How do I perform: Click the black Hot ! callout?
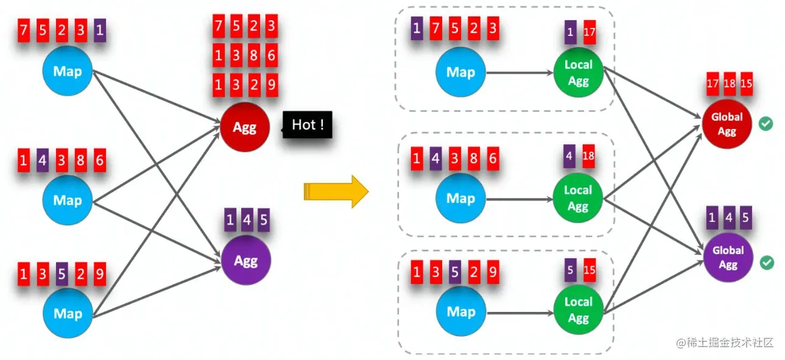pyautogui.click(x=307, y=125)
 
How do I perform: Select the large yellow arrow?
pyautogui.click(x=336, y=192)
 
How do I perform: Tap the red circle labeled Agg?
pyautogui.click(x=245, y=127)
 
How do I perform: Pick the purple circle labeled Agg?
pyautogui.click(x=246, y=261)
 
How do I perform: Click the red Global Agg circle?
pyautogui.click(x=727, y=124)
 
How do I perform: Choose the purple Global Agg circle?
pyautogui.click(x=728, y=257)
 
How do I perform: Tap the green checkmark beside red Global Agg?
pyautogui.click(x=766, y=124)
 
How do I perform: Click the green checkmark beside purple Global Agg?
pyautogui.click(x=767, y=263)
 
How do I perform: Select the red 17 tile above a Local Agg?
pyautogui.click(x=590, y=32)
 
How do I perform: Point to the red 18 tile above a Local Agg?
pyautogui.click(x=588, y=156)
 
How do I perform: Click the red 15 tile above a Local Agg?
pyautogui.click(x=590, y=270)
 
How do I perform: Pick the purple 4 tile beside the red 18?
pyautogui.click(x=569, y=156)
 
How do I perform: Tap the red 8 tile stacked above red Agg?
pyautogui.click(x=254, y=55)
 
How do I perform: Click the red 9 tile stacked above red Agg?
pyautogui.click(x=272, y=85)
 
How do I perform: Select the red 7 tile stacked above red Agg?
pyautogui.click(x=219, y=26)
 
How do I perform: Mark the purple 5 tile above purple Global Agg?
pyautogui.click(x=746, y=217)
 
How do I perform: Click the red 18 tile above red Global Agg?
pyautogui.click(x=730, y=83)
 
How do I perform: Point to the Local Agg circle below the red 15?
pyautogui.click(x=578, y=310)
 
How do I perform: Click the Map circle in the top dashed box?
pyautogui.click(x=461, y=72)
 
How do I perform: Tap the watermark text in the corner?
pyautogui.click(x=725, y=342)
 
